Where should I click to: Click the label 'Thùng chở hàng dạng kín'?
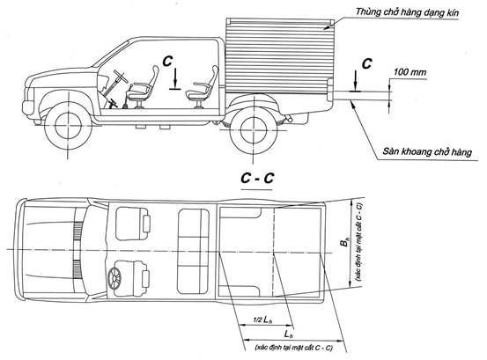pyautogui.click(x=407, y=12)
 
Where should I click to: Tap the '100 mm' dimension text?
pyautogui.click(x=410, y=72)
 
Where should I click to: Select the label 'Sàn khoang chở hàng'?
pyautogui.click(x=427, y=151)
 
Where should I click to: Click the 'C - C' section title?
pyautogui.click(x=257, y=178)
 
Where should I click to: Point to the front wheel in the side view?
pyautogui.click(x=68, y=125)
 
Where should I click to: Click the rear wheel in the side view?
pyautogui.click(x=254, y=129)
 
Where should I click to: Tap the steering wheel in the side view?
pyautogui.click(x=120, y=77)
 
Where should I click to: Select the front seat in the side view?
pyautogui.click(x=143, y=87)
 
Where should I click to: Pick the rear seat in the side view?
pyautogui.click(x=203, y=87)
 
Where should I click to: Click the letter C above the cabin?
pyautogui.click(x=167, y=61)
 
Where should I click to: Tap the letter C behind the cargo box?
pyautogui.click(x=367, y=63)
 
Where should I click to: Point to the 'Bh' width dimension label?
pyautogui.click(x=344, y=242)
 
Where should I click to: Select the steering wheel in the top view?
pyautogui.click(x=114, y=277)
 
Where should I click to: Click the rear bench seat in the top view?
pyautogui.click(x=193, y=252)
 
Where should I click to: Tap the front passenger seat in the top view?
pyautogui.click(x=133, y=224)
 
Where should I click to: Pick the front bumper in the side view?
pyautogui.click(x=27, y=107)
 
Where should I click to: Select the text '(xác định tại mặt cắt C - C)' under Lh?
pyautogui.click(x=293, y=348)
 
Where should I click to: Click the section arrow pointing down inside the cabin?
pyautogui.click(x=175, y=79)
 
